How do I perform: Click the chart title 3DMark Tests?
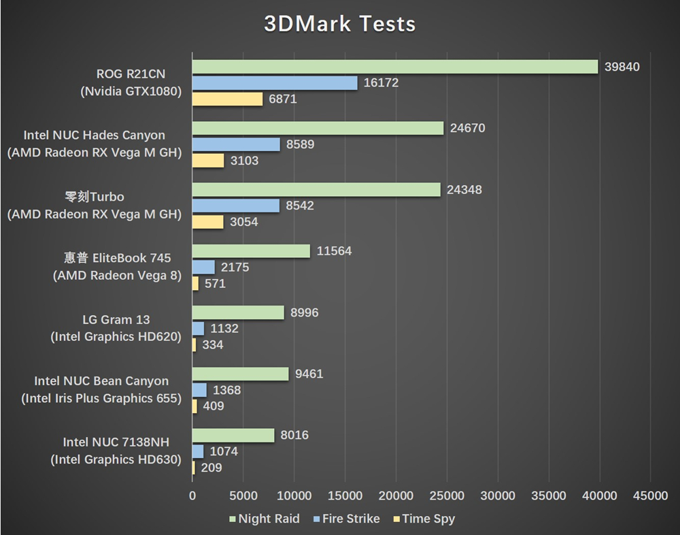tap(340, 25)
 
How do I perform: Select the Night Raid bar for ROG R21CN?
tap(394, 67)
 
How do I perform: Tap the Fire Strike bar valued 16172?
tap(275, 83)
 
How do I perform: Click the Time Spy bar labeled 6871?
tap(227, 99)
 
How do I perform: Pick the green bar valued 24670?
tap(318, 128)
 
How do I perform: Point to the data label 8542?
tap(300, 206)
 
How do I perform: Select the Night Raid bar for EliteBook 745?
tap(251, 251)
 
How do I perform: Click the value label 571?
tap(215, 284)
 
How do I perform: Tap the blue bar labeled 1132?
tap(198, 329)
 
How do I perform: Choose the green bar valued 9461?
tap(240, 374)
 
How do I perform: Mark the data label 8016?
tap(294, 435)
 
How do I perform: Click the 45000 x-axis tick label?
tap(650, 496)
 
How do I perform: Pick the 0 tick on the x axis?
tap(192, 496)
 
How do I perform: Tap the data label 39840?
tap(622, 67)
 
